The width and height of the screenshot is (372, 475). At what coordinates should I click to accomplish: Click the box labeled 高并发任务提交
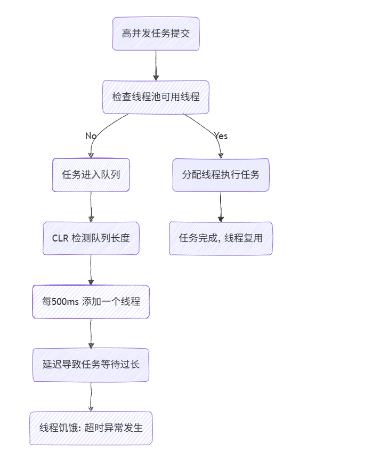pyautogui.click(x=156, y=34)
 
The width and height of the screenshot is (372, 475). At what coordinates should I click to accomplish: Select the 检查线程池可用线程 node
pyautogui.click(x=156, y=97)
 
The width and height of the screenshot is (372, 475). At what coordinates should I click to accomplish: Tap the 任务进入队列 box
pyautogui.click(x=91, y=174)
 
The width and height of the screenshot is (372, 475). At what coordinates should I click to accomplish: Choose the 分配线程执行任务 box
pyautogui.click(x=221, y=174)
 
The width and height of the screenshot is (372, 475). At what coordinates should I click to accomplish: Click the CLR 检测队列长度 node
pyautogui.click(x=91, y=238)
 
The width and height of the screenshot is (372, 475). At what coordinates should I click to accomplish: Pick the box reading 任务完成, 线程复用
pyautogui.click(x=221, y=238)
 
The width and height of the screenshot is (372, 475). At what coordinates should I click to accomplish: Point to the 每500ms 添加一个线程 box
pyautogui.click(x=91, y=302)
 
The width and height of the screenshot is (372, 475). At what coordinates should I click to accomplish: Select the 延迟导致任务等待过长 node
pyautogui.click(x=91, y=365)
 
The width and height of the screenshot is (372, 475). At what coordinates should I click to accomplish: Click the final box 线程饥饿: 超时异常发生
pyautogui.click(x=91, y=428)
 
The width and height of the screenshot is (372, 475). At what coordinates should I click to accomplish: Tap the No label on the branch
pyautogui.click(x=91, y=136)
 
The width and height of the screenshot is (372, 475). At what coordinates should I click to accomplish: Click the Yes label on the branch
pyautogui.click(x=221, y=136)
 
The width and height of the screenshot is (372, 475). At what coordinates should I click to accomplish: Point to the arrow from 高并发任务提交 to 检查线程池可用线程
pyautogui.click(x=156, y=65)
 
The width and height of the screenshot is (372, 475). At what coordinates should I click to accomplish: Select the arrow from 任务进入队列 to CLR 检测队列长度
pyautogui.click(x=91, y=206)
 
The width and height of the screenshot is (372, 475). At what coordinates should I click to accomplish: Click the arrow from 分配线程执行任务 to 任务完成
pyautogui.click(x=221, y=206)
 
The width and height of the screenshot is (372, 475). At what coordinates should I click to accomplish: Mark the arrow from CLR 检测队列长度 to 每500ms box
pyautogui.click(x=91, y=270)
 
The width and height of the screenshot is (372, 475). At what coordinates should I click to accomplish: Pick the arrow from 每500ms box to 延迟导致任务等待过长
pyautogui.click(x=91, y=333)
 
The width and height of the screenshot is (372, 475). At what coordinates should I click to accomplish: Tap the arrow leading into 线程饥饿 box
pyautogui.click(x=91, y=397)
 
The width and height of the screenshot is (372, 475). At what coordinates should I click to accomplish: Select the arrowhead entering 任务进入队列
pyautogui.click(x=91, y=155)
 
